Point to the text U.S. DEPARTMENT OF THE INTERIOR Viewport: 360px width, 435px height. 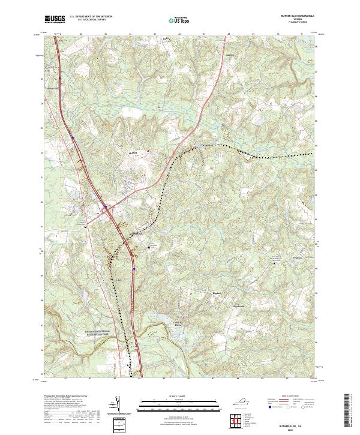click(x=90, y=16)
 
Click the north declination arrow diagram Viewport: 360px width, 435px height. click(x=118, y=405)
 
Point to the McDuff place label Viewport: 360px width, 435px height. click(x=133, y=153)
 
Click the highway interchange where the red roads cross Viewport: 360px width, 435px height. click(x=106, y=208)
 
